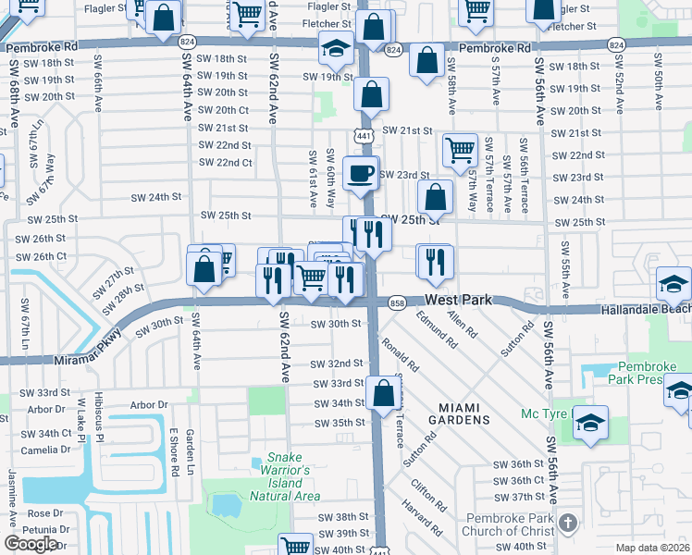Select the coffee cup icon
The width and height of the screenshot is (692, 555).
tap(360, 172)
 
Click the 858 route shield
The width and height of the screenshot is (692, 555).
tap(398, 302)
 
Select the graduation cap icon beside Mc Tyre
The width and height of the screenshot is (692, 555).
tap(591, 423)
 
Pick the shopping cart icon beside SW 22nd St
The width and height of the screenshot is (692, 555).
tap(460, 150)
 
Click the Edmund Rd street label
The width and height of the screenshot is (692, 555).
tap(437, 329)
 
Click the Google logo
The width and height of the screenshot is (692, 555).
tap(31, 544)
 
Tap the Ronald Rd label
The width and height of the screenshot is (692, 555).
tap(402, 355)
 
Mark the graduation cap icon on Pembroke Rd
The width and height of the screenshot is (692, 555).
tap(336, 47)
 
